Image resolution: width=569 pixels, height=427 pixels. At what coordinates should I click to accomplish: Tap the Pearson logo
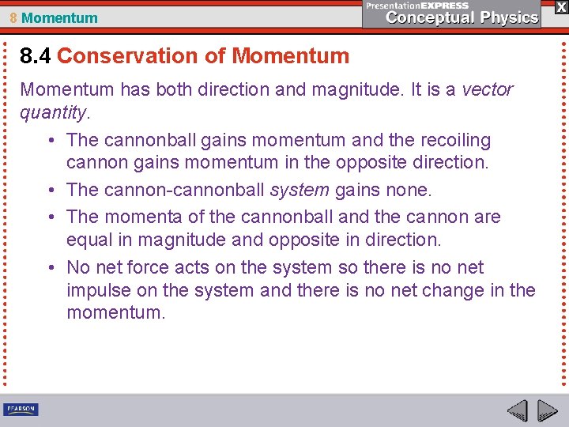(21, 410)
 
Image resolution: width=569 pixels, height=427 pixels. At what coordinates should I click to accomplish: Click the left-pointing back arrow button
(518, 410)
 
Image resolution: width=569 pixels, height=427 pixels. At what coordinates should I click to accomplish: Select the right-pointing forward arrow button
(547, 410)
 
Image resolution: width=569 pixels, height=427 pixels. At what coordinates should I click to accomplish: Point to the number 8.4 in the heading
(36, 56)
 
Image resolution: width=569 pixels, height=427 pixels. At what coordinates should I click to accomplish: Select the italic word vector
(487, 89)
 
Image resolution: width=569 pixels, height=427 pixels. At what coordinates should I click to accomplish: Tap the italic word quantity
(52, 113)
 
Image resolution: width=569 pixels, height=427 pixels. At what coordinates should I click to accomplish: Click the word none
(409, 191)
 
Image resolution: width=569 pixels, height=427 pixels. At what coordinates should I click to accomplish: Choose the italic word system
(300, 191)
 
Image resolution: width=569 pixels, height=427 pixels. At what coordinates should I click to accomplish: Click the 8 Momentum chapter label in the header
(54, 17)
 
